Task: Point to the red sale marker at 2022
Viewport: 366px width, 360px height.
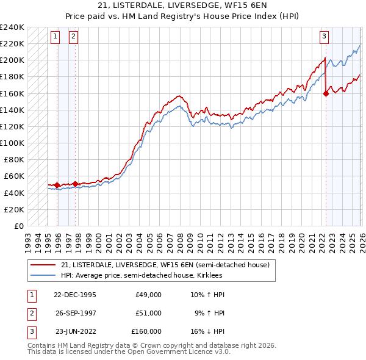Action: tap(326, 93)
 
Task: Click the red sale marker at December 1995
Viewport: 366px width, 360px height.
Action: tap(57, 185)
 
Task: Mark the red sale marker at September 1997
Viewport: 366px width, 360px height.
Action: tap(75, 183)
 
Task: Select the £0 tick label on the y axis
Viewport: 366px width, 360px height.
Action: tap(18, 226)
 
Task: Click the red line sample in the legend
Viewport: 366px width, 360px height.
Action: tap(43, 265)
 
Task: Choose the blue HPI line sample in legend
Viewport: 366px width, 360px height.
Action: tap(43, 276)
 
